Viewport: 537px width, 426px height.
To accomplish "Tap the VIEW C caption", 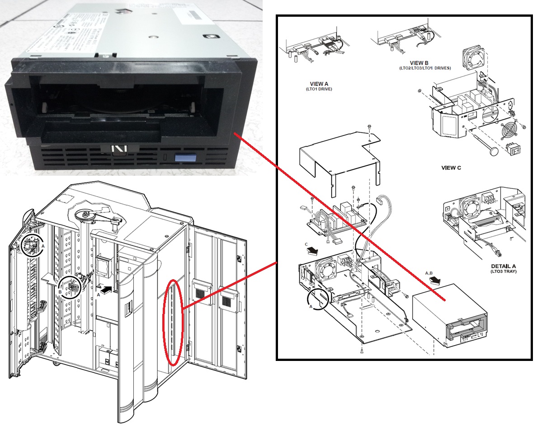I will point(451,168).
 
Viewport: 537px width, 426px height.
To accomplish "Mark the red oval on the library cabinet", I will point(174,322).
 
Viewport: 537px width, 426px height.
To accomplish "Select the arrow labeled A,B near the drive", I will point(436,281).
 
